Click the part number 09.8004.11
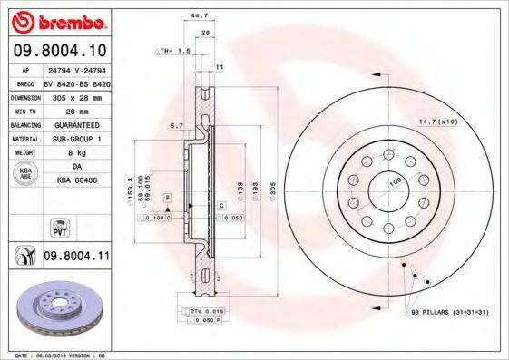76,257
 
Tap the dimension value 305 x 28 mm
77,95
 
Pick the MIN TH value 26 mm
76,109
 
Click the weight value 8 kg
76,152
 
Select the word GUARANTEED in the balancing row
76,123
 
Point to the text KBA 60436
76,181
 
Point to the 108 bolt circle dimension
394,182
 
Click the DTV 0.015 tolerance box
206,311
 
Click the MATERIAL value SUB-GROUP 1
76,138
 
